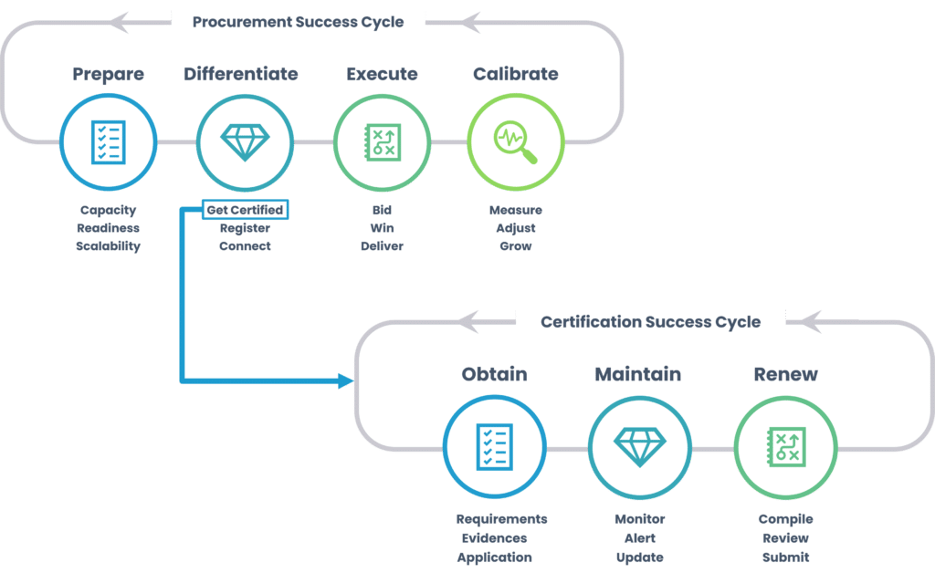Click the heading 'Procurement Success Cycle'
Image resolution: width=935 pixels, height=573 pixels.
(x=298, y=21)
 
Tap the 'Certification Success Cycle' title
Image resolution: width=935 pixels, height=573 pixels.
(x=650, y=321)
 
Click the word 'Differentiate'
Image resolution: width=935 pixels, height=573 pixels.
(x=241, y=74)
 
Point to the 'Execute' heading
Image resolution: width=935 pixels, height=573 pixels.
(x=382, y=74)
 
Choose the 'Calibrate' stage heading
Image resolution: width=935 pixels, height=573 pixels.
(x=516, y=74)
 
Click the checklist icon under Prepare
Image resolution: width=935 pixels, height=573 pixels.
(x=109, y=141)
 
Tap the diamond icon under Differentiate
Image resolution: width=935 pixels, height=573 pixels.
(x=245, y=141)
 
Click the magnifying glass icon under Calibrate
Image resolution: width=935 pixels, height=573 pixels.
(x=516, y=141)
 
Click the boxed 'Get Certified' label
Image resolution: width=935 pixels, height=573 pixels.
(x=245, y=210)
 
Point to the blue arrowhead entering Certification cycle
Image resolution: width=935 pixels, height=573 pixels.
(x=347, y=380)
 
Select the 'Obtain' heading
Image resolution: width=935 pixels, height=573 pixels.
(x=494, y=374)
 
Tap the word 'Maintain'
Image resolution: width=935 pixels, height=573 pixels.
(x=638, y=374)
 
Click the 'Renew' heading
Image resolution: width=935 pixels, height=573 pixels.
(x=785, y=374)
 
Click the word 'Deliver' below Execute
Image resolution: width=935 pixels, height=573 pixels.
(x=382, y=245)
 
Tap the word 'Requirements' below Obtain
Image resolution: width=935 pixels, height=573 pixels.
(x=501, y=519)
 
